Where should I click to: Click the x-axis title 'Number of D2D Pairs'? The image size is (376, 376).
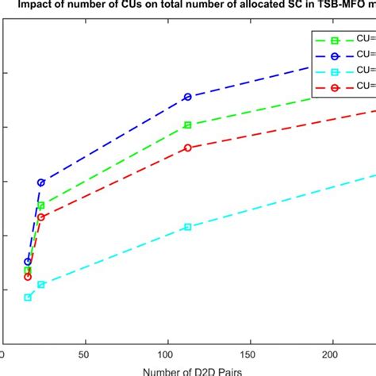click(187, 370)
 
